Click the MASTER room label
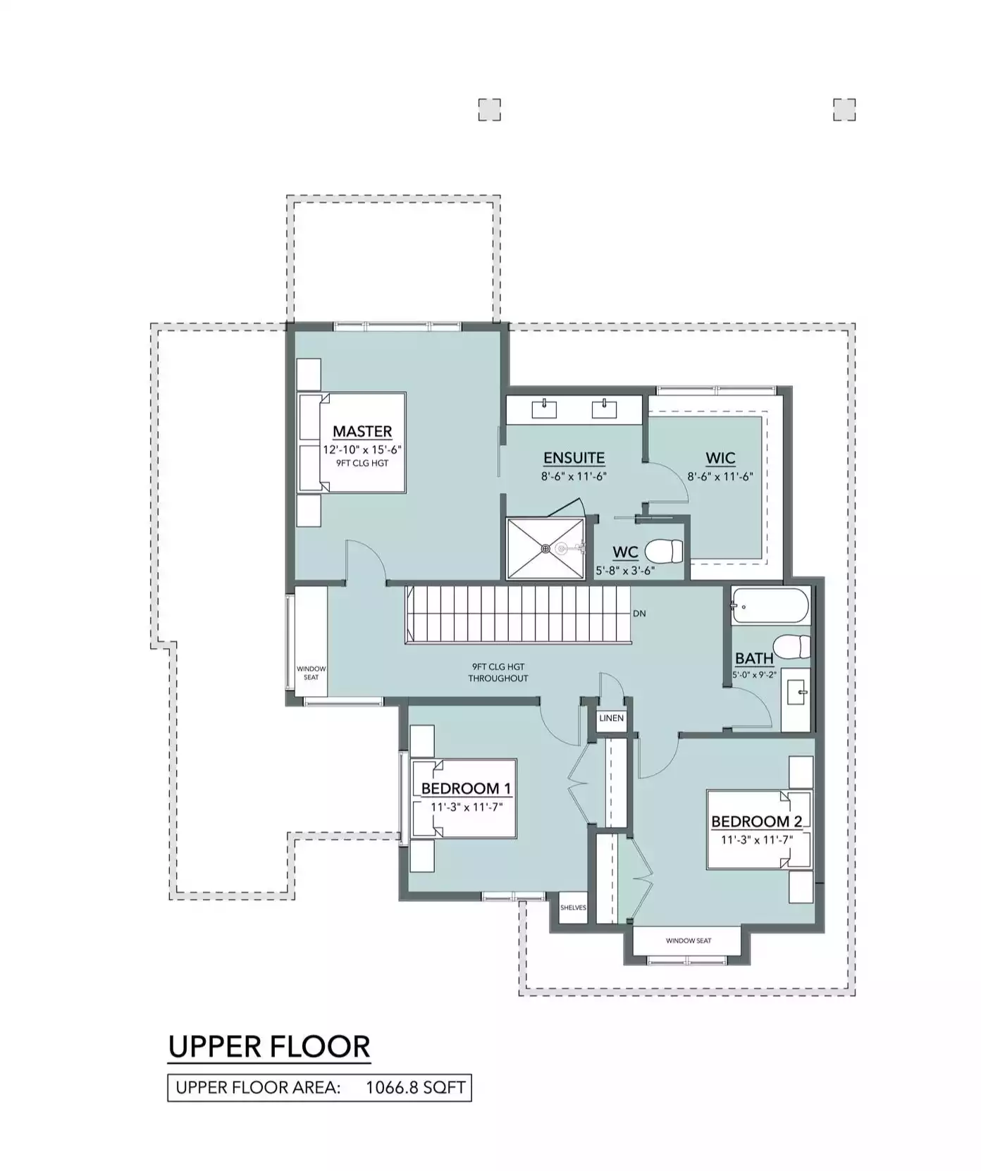click(x=362, y=430)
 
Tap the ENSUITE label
click(x=574, y=458)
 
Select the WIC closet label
click(x=720, y=458)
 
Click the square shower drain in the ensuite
click(x=545, y=548)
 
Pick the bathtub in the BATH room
click(x=770, y=605)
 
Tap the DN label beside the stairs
click(x=639, y=614)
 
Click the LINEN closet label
click(x=611, y=718)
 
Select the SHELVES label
click(x=573, y=907)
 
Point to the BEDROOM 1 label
click(x=467, y=788)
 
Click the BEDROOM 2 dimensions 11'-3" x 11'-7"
click(x=757, y=840)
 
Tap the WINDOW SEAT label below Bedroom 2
click(x=689, y=941)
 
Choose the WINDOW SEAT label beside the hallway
click(x=311, y=673)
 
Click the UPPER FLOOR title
click(x=269, y=1046)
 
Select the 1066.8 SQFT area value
click(x=416, y=1087)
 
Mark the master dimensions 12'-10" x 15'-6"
click(x=362, y=450)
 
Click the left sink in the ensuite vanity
click(x=545, y=407)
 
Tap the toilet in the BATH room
click(x=791, y=645)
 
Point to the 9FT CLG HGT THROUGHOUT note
click(x=498, y=672)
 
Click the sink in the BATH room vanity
click(x=798, y=693)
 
